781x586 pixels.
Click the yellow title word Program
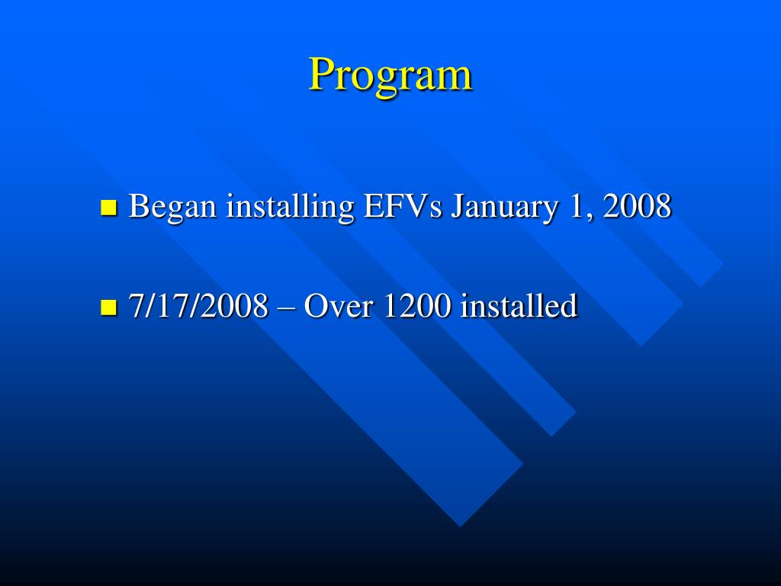pyautogui.click(x=390, y=76)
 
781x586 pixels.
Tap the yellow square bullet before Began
pyautogui.click(x=108, y=208)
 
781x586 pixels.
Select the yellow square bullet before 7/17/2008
pyautogui.click(x=108, y=308)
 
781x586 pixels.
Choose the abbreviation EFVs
pyautogui.click(x=403, y=206)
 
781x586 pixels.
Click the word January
pyautogui.click(x=503, y=207)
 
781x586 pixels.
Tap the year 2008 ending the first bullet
pyautogui.click(x=637, y=206)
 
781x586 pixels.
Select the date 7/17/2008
pyautogui.click(x=198, y=307)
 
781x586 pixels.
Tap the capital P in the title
pyautogui.click(x=322, y=74)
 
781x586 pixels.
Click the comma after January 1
pyautogui.click(x=590, y=216)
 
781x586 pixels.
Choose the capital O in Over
pyautogui.click(x=316, y=307)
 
